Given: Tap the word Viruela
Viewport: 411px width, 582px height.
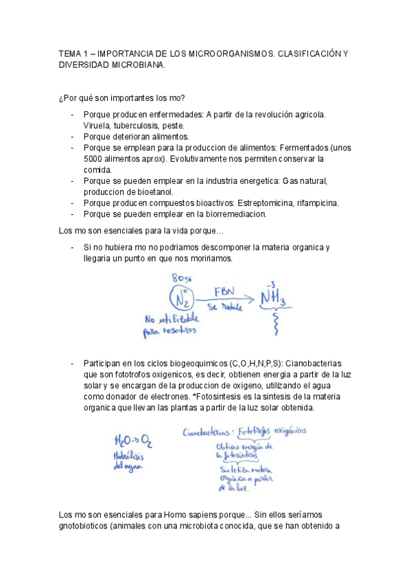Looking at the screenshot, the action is click(97, 126).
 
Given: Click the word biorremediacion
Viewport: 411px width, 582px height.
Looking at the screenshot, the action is click(228, 213).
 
